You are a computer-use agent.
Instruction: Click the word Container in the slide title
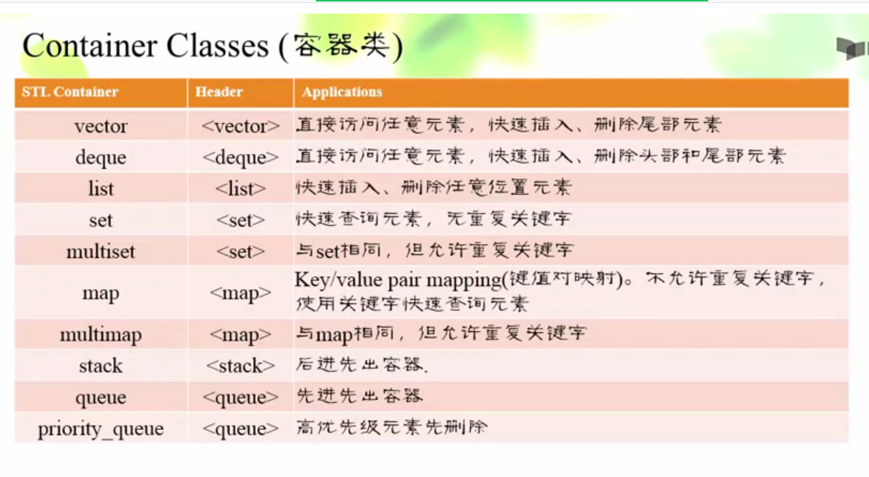click(x=89, y=46)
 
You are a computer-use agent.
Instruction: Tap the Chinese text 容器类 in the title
click(x=341, y=46)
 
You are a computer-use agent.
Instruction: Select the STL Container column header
click(x=70, y=92)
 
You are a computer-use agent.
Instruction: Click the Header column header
click(x=219, y=92)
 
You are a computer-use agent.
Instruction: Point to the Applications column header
click(x=342, y=92)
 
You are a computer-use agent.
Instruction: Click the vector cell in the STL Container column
click(x=101, y=126)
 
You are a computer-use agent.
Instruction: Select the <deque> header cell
click(x=241, y=157)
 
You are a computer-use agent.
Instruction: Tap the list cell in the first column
click(x=101, y=189)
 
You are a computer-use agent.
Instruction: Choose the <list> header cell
click(x=241, y=189)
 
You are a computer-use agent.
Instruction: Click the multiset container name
click(x=101, y=252)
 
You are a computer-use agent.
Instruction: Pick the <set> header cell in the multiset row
click(x=241, y=252)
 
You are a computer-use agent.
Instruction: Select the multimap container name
click(x=101, y=335)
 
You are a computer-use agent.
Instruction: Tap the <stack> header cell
click(x=241, y=365)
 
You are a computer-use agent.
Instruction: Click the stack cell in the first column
click(x=101, y=365)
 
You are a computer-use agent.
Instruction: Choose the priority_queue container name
click(x=101, y=429)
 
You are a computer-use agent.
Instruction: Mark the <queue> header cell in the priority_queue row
click(x=241, y=429)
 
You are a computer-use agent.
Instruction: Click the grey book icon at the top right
click(x=852, y=49)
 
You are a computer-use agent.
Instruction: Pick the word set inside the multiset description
click(x=328, y=252)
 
